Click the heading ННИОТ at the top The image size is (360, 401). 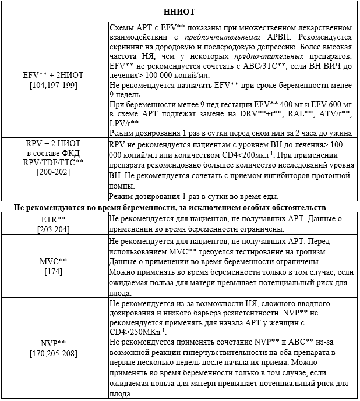point(179,11)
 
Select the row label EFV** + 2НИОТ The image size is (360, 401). point(54,76)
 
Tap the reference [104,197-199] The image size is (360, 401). point(54,85)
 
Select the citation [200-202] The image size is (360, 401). point(54,173)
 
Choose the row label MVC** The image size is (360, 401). point(54,261)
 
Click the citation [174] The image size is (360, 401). point(54,271)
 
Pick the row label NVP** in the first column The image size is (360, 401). point(54,344)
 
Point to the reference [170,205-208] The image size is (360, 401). point(54,353)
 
